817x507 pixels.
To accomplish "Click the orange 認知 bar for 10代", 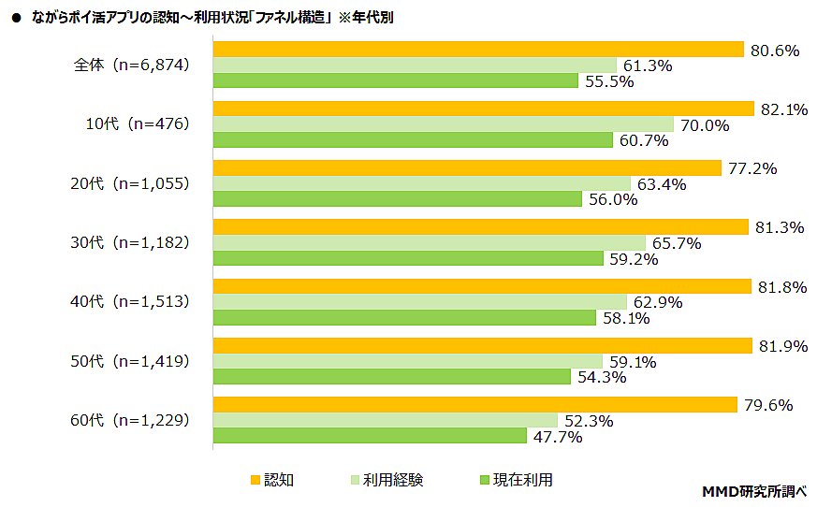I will click(483, 109).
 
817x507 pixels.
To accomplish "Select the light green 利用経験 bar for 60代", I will click(385, 421).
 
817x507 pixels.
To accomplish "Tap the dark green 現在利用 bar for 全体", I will click(395, 81).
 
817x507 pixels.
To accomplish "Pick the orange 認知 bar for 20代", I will click(467, 168).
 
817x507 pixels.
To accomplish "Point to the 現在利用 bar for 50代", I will click(391, 377).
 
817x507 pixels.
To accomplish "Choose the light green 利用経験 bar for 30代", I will click(429, 243).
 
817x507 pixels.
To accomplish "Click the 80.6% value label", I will click(774, 51).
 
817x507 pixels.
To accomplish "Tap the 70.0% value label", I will click(704, 125).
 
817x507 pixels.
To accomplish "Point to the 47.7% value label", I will click(557, 437).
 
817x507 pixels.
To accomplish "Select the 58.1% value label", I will click(626, 318).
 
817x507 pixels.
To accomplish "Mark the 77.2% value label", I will click(752, 168).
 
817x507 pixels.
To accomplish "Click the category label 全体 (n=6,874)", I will click(132, 65).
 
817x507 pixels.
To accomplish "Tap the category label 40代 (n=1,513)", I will click(132, 301).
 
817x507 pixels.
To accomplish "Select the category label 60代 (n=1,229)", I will click(132, 420).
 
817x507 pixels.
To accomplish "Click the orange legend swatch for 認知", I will click(255, 480).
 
